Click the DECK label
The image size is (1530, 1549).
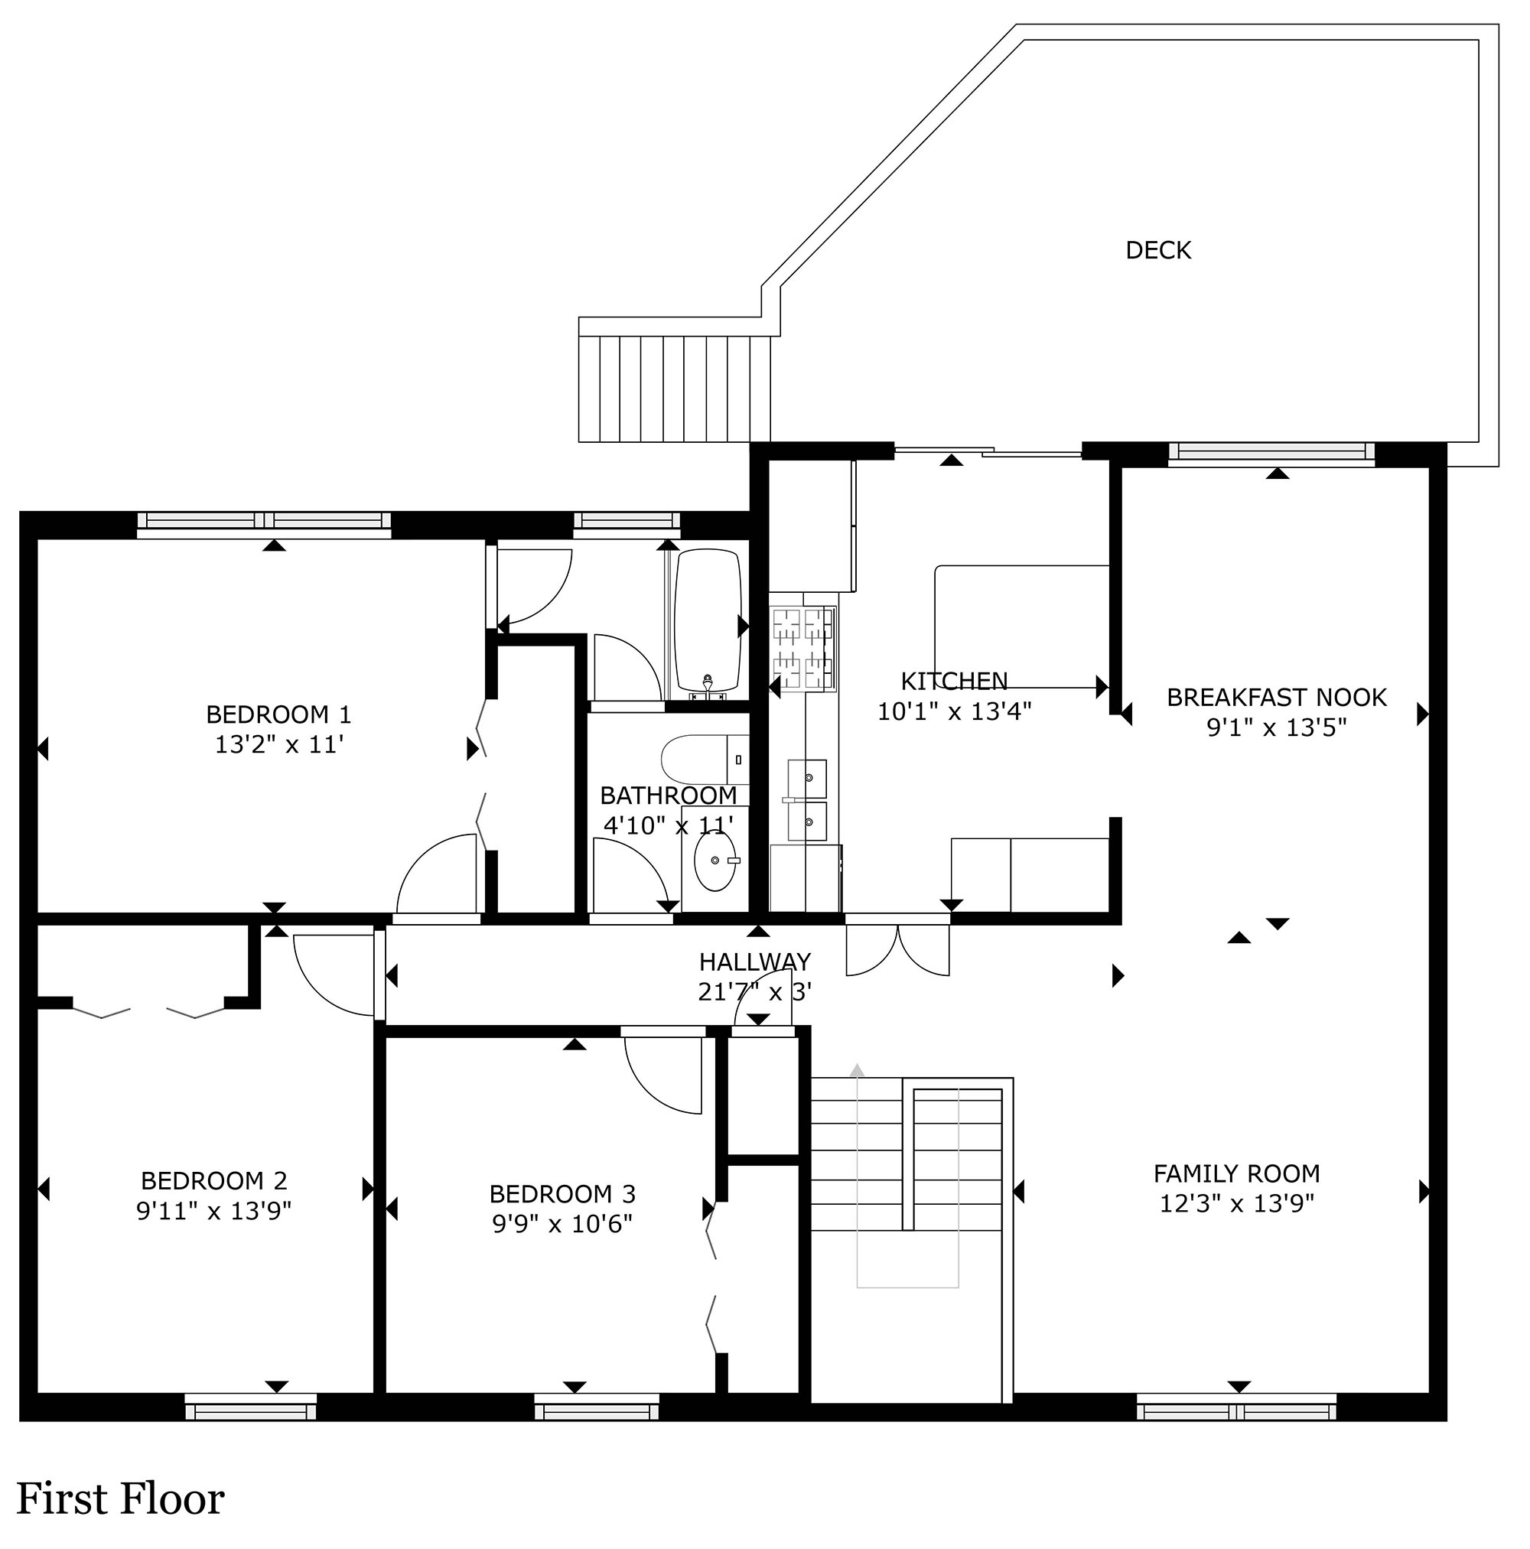pyautogui.click(x=1158, y=251)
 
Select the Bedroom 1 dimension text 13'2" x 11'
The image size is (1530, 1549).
pyautogui.click(x=279, y=745)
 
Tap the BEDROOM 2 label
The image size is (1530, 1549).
pyautogui.click(x=214, y=1180)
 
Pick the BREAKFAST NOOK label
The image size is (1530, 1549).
pyautogui.click(x=1277, y=698)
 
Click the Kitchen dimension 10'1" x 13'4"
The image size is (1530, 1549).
pyautogui.click(x=954, y=711)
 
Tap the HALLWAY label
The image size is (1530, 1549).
pyautogui.click(x=754, y=962)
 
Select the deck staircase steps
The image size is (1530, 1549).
pyautogui.click(x=675, y=389)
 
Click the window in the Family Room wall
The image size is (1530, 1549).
pyautogui.click(x=1236, y=1407)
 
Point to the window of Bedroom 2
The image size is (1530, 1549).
pyautogui.click(x=251, y=1407)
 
